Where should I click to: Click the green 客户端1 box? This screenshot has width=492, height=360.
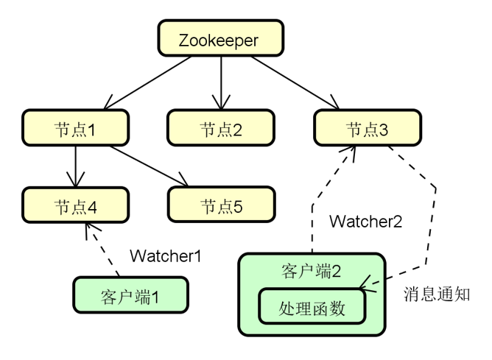(129, 297)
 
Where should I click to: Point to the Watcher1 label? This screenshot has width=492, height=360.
(165, 255)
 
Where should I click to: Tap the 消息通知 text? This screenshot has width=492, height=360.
(437, 294)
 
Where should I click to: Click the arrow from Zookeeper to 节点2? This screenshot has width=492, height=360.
(221, 82)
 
